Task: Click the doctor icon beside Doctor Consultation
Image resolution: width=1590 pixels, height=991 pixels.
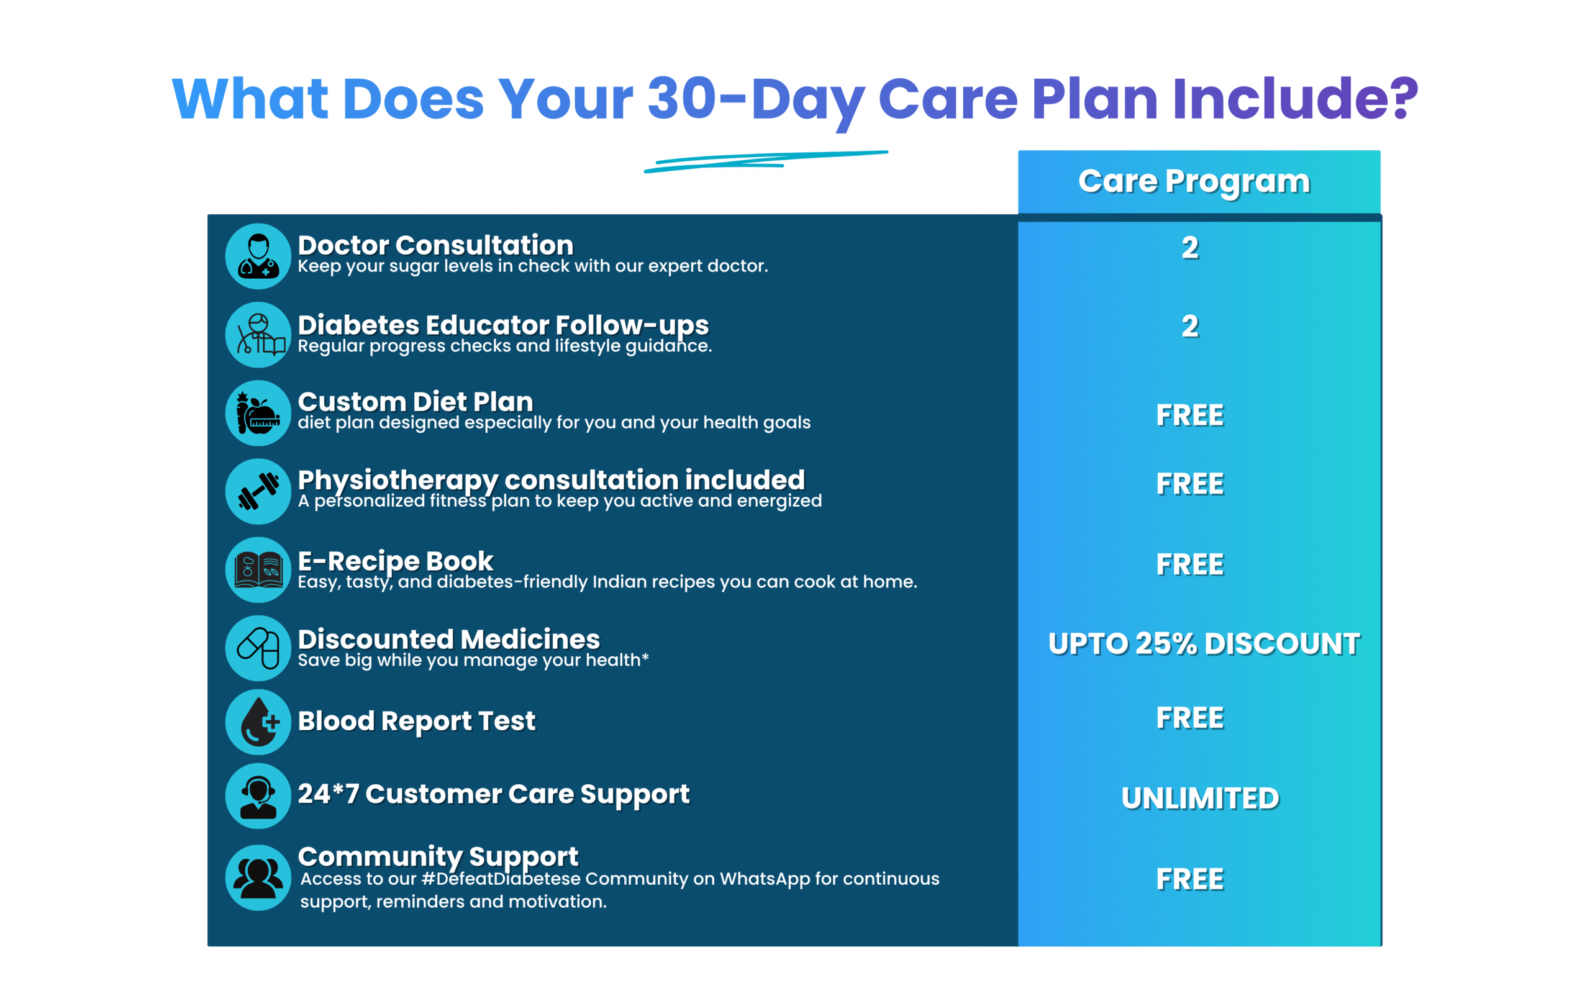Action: point(258,256)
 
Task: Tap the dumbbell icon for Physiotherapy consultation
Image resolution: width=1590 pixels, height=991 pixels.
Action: point(258,491)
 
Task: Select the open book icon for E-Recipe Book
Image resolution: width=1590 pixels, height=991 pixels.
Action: point(258,569)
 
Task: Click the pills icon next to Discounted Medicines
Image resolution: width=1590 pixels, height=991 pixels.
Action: point(258,648)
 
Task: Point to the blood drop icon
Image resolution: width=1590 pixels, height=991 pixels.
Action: point(258,722)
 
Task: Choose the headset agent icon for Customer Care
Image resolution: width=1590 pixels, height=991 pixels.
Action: point(258,795)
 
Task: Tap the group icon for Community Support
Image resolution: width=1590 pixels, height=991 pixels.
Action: point(258,877)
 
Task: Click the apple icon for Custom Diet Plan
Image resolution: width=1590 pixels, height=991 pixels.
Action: point(258,413)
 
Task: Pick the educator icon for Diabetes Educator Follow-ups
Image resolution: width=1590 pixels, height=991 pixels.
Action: point(258,334)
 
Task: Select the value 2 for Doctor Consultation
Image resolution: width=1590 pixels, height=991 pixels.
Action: point(1190,248)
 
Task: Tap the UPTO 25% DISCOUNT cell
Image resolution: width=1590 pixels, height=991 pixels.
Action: point(1204,644)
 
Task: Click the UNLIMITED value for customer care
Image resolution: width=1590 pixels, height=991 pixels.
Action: point(1200,799)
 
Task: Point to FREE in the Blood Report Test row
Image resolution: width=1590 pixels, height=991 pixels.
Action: point(1190,718)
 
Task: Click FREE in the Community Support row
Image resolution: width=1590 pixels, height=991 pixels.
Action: point(1190,879)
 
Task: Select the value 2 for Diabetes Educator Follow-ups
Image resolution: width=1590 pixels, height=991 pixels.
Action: point(1190,327)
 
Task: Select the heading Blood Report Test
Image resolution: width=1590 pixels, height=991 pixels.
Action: point(417,721)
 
